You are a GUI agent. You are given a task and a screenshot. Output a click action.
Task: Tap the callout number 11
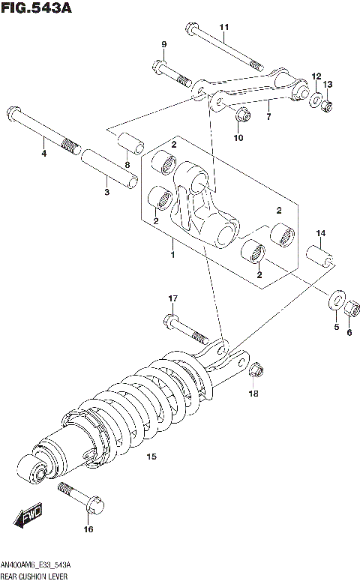click(x=223, y=28)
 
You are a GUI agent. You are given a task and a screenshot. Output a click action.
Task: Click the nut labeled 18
click(x=255, y=369)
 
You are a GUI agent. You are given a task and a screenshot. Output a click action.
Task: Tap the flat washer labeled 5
click(x=335, y=295)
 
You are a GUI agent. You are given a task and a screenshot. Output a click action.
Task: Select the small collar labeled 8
click(x=127, y=142)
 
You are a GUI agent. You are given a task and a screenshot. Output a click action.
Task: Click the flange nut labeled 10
click(x=241, y=115)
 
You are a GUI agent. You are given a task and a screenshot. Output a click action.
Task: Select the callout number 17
click(x=172, y=299)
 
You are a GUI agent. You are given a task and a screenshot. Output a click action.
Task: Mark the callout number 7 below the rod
click(x=268, y=118)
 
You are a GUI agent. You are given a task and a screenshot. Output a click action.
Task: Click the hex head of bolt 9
click(x=159, y=67)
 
